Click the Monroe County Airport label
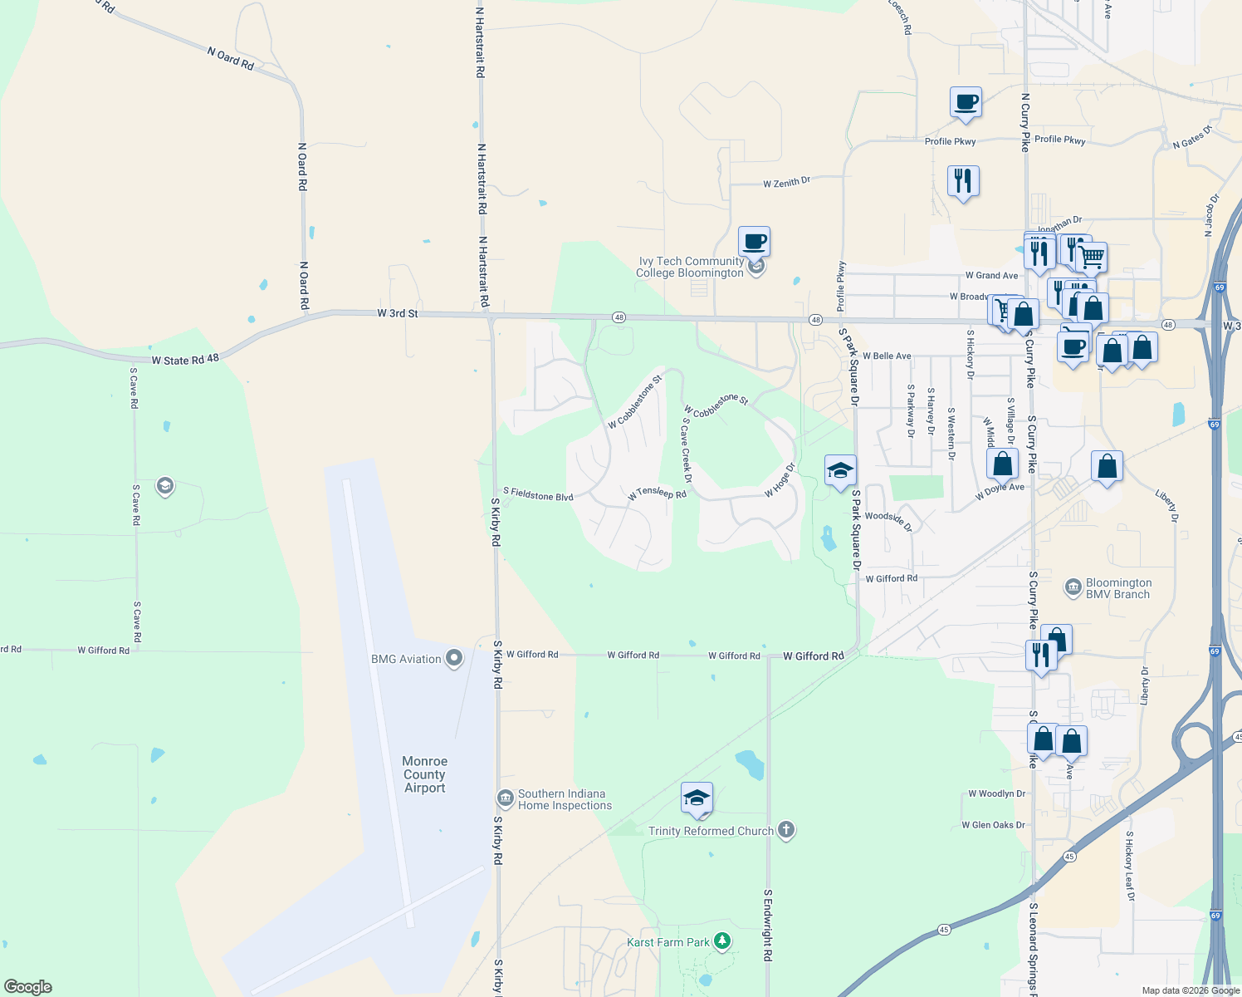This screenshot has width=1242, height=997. [424, 774]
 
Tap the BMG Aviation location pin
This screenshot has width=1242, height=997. [453, 659]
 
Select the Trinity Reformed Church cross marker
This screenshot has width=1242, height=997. [786, 830]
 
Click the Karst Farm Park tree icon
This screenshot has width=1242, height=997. [723, 941]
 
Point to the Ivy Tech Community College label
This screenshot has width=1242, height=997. [690, 267]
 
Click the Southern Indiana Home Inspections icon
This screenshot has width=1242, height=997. [505, 799]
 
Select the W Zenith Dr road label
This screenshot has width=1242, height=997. [786, 182]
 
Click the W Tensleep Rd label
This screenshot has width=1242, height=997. [657, 494]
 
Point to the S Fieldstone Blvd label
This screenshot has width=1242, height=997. [538, 495]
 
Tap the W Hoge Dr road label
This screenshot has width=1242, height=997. [780, 481]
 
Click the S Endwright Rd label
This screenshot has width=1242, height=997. [768, 925]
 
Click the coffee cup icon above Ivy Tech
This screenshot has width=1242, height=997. [754, 242]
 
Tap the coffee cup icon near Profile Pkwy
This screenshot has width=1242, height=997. [966, 103]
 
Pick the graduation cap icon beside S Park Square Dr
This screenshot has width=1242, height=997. [840, 470]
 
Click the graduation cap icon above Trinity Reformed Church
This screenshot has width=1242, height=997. [696, 798]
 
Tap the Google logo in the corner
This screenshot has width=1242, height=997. [28, 987]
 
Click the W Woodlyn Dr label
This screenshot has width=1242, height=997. [996, 793]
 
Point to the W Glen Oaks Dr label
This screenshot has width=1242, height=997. [993, 825]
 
